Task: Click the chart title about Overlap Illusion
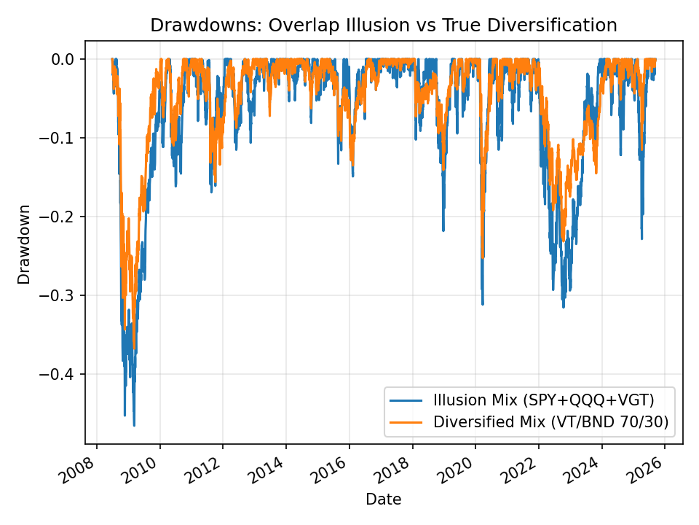(383, 26)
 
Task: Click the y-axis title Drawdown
(25, 244)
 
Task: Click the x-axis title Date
(383, 499)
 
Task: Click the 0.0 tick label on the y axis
(66, 59)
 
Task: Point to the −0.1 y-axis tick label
(61, 138)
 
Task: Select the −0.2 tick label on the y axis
(61, 217)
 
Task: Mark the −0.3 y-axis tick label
(61, 295)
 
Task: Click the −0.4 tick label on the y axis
(61, 374)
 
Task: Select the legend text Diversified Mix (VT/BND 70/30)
(550, 421)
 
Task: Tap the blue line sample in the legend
(407, 400)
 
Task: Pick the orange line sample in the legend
(407, 421)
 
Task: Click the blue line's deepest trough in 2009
(134, 425)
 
